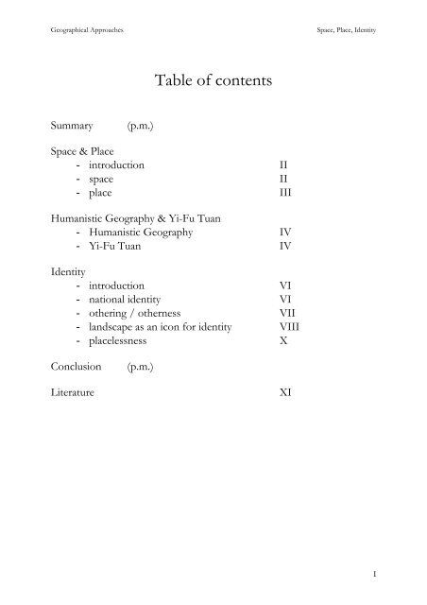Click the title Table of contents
(x=213, y=81)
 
